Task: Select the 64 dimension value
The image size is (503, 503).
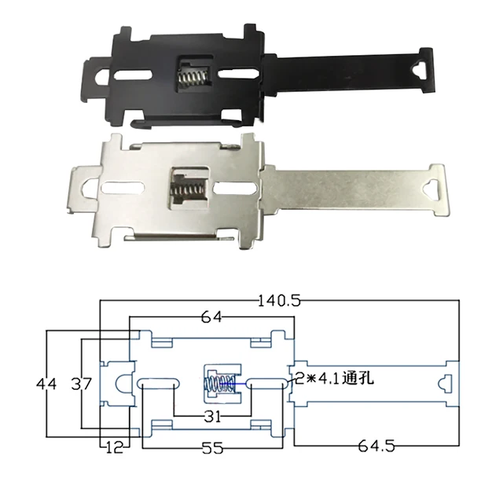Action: click(211, 317)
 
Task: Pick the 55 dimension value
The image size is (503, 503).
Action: click(212, 448)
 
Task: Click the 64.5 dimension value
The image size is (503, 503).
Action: click(373, 446)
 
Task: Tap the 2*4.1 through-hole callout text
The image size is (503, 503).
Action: click(334, 379)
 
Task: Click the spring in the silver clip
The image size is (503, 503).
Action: click(187, 190)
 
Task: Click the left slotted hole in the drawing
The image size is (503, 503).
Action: click(160, 383)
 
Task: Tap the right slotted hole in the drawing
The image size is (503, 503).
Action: click(268, 383)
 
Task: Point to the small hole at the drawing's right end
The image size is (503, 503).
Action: click(445, 384)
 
